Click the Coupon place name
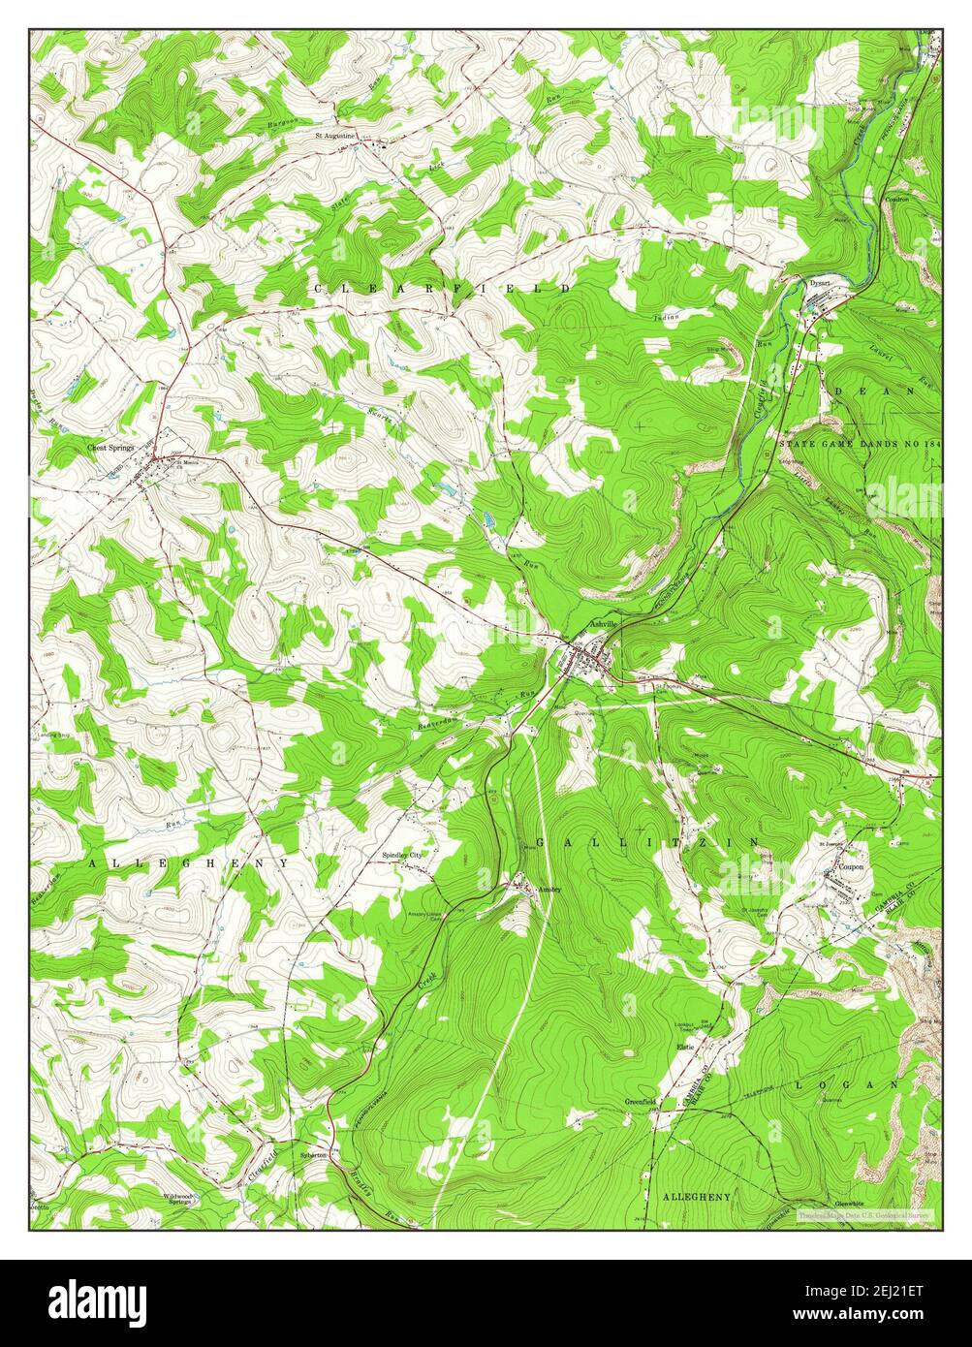(x=852, y=869)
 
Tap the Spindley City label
(x=402, y=856)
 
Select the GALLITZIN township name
(x=648, y=843)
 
